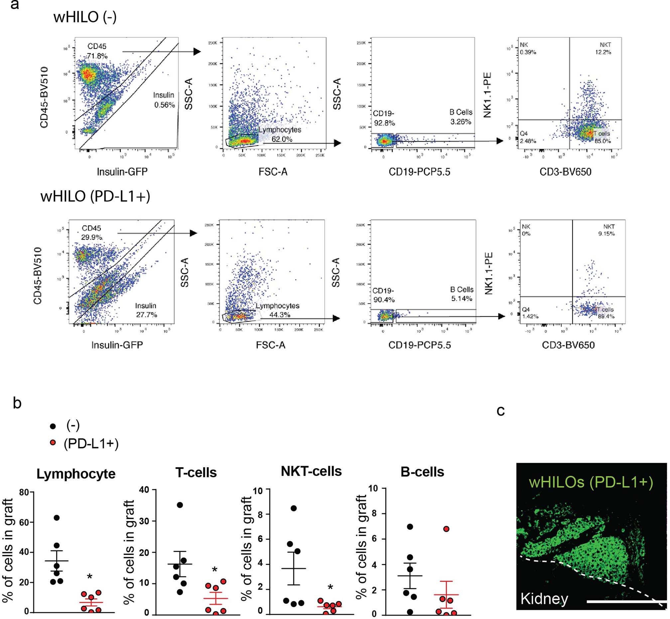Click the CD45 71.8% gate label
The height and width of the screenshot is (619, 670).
(x=97, y=51)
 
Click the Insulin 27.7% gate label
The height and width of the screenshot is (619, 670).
(x=146, y=310)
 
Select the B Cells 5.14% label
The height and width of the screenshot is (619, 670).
(x=462, y=294)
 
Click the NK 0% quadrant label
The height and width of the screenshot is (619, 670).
(x=526, y=230)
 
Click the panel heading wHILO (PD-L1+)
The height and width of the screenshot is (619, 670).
(x=95, y=196)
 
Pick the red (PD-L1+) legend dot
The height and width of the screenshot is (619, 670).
(x=52, y=443)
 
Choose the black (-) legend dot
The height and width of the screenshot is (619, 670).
(x=52, y=426)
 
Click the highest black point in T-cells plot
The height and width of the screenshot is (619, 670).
(x=180, y=505)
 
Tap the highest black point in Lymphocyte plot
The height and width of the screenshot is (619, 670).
(x=56, y=517)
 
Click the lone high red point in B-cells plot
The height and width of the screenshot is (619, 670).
(x=446, y=529)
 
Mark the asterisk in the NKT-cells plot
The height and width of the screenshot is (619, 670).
(x=330, y=587)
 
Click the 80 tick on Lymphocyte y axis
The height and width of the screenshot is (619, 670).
(x=24, y=492)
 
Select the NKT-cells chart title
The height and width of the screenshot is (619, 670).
(x=311, y=471)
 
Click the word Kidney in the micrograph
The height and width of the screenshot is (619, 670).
(x=544, y=598)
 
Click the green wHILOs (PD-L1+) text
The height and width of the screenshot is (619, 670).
(x=591, y=483)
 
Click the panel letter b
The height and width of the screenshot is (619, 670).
(x=17, y=402)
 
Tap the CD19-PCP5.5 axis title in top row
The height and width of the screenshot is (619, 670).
(x=419, y=172)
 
